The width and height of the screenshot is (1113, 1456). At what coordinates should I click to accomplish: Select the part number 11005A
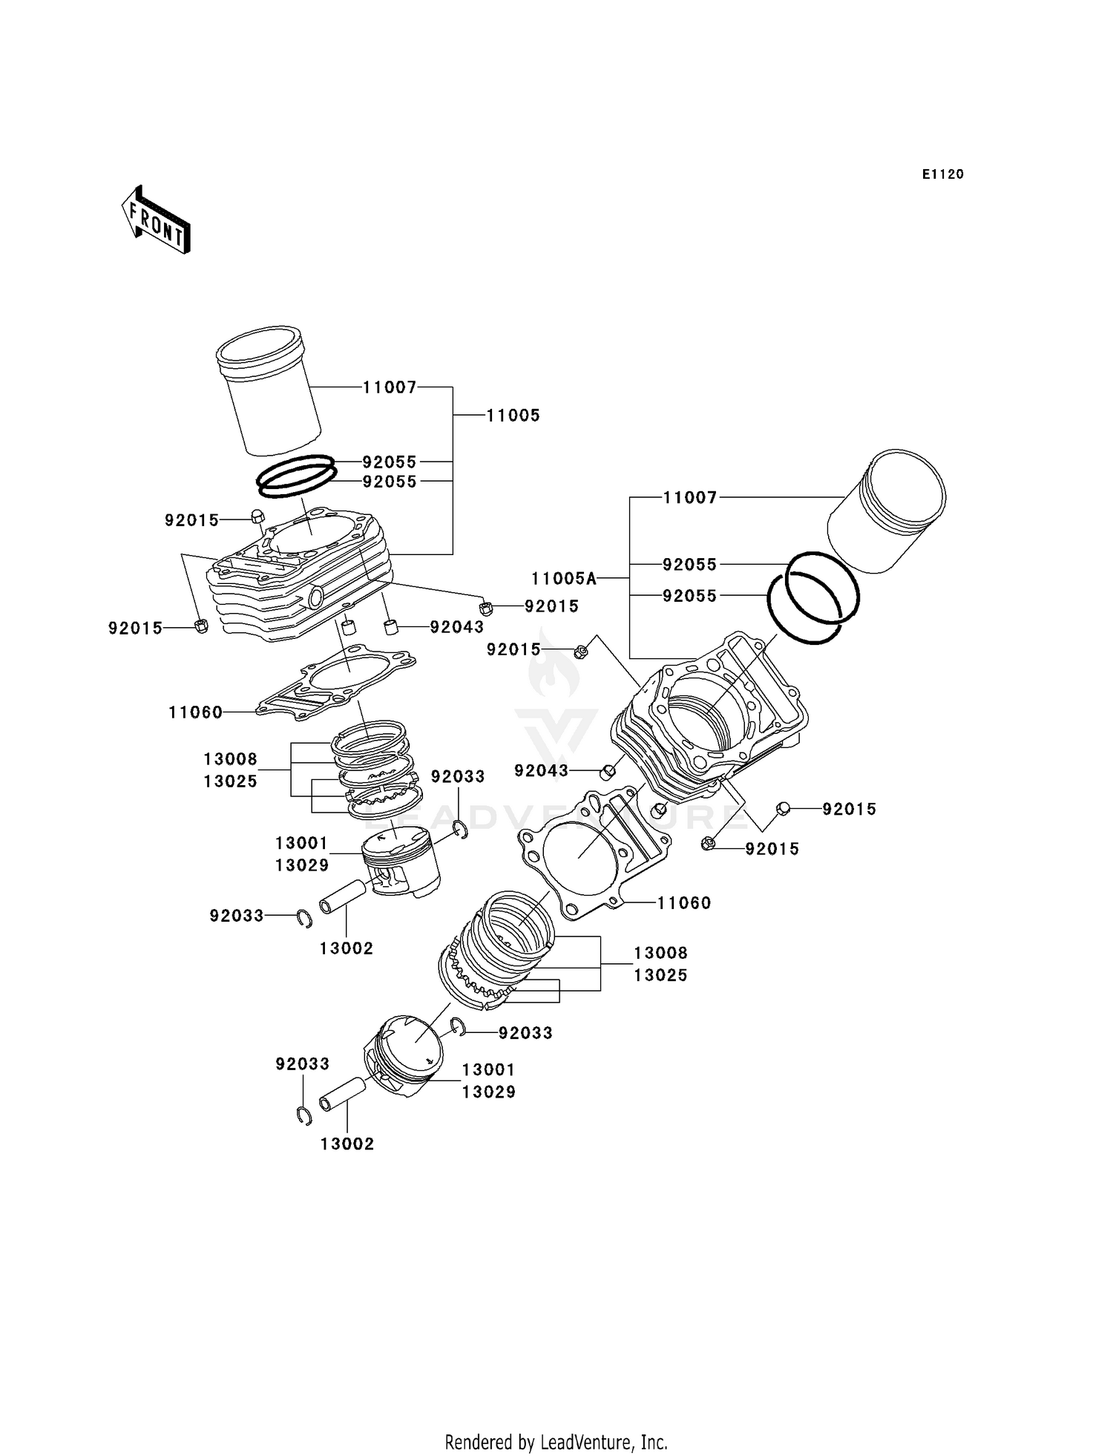click(564, 578)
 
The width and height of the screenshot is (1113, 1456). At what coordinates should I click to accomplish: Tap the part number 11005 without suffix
click(513, 416)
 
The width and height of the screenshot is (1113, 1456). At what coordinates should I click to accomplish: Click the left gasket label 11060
click(195, 712)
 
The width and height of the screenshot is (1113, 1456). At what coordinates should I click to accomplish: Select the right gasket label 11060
click(684, 903)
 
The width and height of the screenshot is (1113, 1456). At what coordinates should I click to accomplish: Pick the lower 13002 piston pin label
click(347, 1144)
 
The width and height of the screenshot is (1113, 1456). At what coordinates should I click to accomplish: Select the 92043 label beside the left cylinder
click(457, 627)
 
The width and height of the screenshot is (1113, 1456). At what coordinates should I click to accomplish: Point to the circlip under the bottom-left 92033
click(303, 1115)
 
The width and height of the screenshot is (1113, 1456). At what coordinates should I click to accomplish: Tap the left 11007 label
click(390, 387)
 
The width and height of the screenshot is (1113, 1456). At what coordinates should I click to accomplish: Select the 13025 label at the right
click(660, 975)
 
